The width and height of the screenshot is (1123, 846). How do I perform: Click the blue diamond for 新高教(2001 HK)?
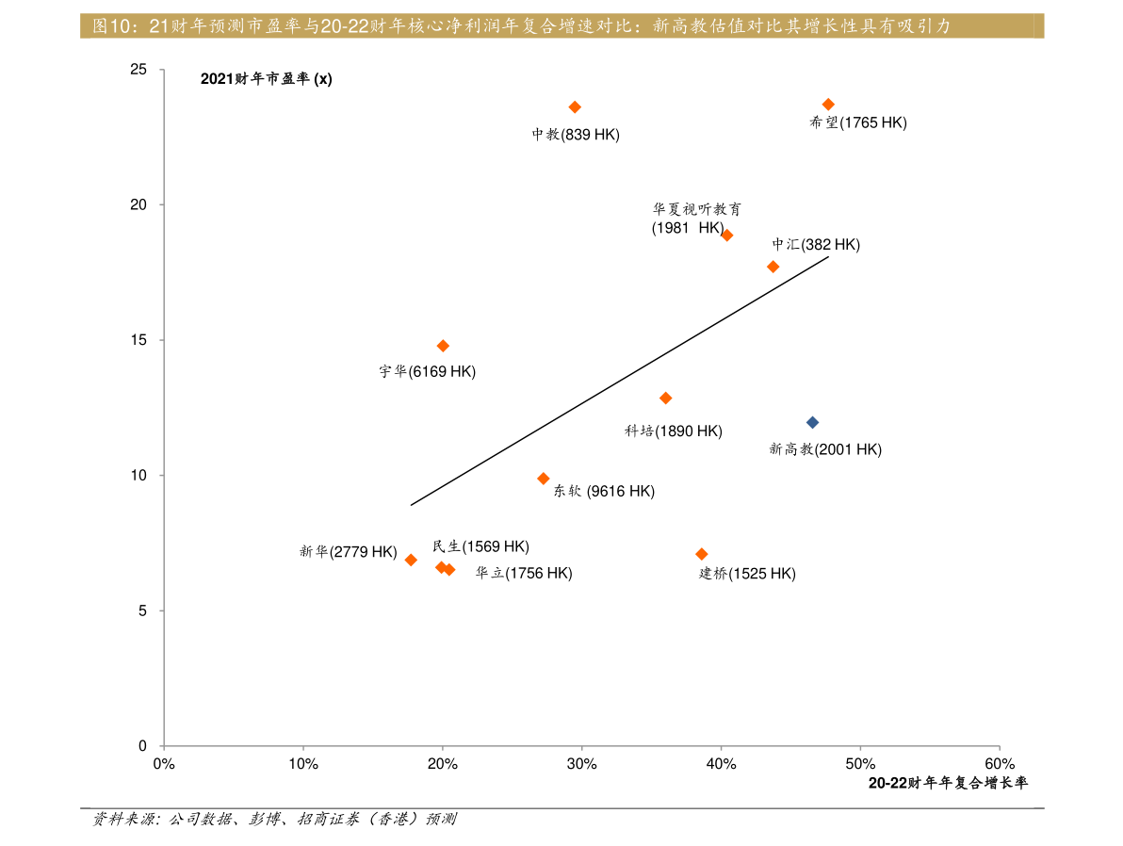[812, 423]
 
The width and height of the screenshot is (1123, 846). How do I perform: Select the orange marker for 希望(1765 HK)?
[829, 105]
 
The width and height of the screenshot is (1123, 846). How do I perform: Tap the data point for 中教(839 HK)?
[575, 107]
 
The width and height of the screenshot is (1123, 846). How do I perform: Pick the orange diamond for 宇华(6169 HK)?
[443, 346]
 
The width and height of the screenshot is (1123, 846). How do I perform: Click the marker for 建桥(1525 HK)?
[702, 555]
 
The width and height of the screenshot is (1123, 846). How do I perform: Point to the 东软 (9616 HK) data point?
[543, 479]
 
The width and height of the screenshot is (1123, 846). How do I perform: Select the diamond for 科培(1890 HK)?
[665, 399]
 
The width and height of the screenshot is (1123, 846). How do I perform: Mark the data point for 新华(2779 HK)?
[411, 561]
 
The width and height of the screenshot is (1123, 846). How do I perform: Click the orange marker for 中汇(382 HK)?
[773, 268]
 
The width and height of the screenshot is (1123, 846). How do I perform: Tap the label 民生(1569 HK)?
[480, 546]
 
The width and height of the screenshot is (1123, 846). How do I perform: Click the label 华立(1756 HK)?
[524, 573]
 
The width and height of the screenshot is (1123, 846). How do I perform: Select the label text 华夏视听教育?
[697, 209]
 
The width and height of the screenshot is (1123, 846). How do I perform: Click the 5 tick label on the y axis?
[142, 611]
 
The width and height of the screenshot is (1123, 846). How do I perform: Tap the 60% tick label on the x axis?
[1000, 764]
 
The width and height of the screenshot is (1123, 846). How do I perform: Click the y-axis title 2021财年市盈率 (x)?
[267, 79]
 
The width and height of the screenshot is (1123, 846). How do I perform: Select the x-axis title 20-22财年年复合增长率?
[949, 784]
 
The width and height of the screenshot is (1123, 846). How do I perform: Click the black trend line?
[620, 382]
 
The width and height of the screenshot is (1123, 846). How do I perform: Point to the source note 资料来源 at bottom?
[274, 819]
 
